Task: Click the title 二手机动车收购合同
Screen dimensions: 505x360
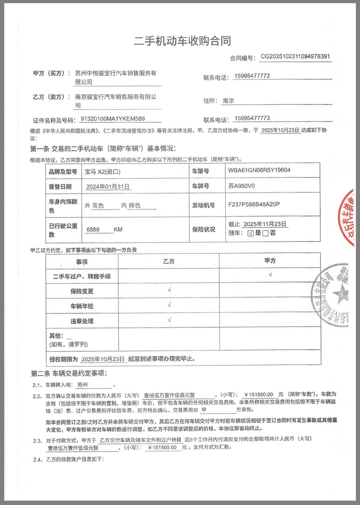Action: (182, 41)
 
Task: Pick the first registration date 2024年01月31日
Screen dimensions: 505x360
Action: (108, 186)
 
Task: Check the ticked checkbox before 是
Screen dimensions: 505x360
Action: (250, 233)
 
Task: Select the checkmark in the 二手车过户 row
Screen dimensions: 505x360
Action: (270, 275)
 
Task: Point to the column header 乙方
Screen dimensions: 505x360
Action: (168, 261)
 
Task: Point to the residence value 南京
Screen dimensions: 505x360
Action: (229, 101)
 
